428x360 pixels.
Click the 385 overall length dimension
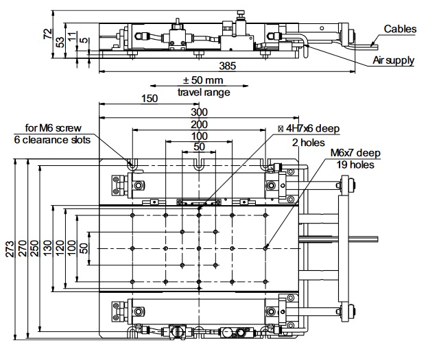pyautogui.click(x=228, y=66)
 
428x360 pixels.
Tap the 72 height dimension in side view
pyautogui.click(x=48, y=34)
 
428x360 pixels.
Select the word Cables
pyautogui.click(x=400, y=29)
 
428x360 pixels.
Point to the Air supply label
pyautogui.click(x=393, y=60)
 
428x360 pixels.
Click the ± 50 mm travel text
pyautogui.click(x=203, y=80)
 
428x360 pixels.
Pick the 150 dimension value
pyautogui.click(x=150, y=99)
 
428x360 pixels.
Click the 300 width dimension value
pyautogui.click(x=200, y=112)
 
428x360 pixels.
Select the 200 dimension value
pyautogui.click(x=200, y=125)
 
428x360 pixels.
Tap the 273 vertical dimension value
pyautogui.click(x=10, y=249)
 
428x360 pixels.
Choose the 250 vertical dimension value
pyautogui.click(x=34, y=248)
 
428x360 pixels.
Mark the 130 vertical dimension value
pyautogui.click(x=47, y=248)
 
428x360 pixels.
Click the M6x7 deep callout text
pyautogui.click(x=355, y=153)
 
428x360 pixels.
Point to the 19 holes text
pyautogui.click(x=355, y=165)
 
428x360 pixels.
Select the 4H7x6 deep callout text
pyautogui.click(x=309, y=128)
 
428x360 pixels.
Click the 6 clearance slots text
pyautogui.click(x=52, y=140)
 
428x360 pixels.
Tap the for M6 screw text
pyautogui.click(x=53, y=128)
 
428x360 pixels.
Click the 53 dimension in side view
pyautogui.click(x=60, y=42)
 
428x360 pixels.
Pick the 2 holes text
pyautogui.click(x=309, y=143)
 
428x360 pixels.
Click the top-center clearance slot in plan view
pyautogui.click(x=199, y=165)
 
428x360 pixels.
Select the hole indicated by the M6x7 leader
pyautogui.click(x=265, y=248)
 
